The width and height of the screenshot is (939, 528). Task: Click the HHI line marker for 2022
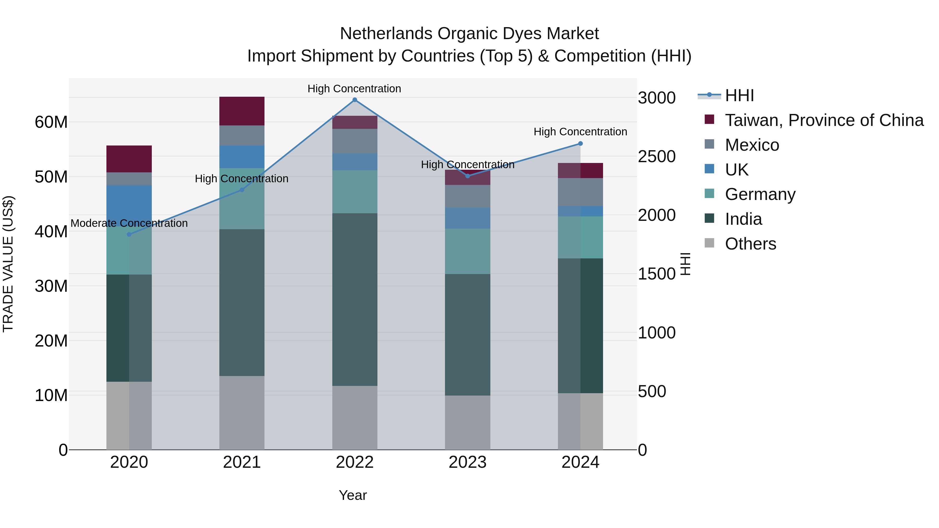(355, 100)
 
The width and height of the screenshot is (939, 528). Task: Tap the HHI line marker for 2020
(129, 234)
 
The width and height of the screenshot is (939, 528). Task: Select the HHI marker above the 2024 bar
(580, 144)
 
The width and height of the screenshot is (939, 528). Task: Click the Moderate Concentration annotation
(129, 223)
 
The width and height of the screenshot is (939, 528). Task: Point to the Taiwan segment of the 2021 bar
(242, 111)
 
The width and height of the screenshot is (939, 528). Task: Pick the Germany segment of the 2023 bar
(467, 251)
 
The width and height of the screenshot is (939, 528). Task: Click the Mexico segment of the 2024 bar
(580, 192)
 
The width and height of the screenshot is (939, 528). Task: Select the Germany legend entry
(760, 194)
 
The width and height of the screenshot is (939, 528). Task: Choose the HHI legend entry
(739, 95)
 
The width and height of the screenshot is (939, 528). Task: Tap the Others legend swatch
(709, 243)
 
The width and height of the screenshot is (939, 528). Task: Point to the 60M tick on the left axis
(51, 122)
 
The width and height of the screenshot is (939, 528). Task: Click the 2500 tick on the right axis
(657, 157)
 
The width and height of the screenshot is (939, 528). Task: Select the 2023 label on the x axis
(467, 462)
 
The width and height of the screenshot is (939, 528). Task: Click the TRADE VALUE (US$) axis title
(8, 264)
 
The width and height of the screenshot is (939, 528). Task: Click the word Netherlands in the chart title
(386, 34)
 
